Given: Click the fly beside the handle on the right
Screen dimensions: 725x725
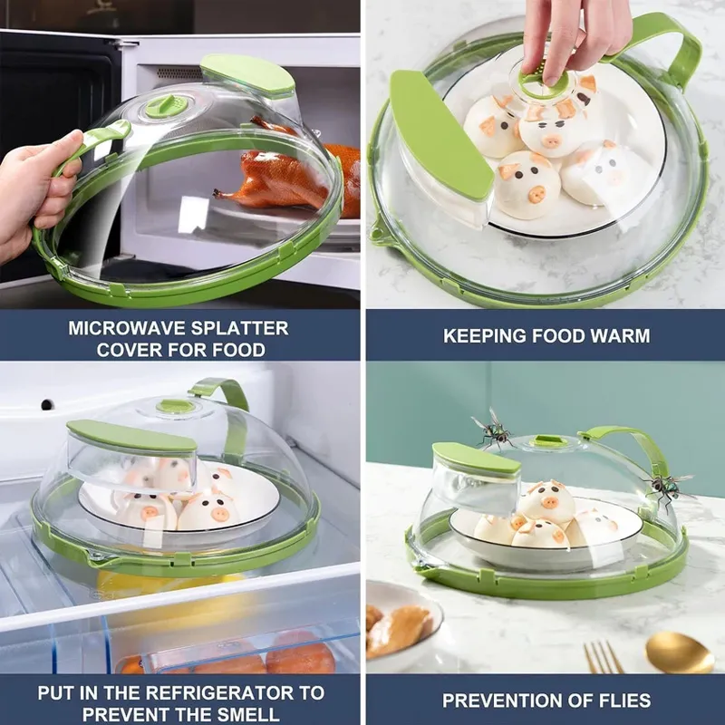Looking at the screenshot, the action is (669, 487).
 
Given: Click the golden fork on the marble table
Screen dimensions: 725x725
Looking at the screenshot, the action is (601, 656).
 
